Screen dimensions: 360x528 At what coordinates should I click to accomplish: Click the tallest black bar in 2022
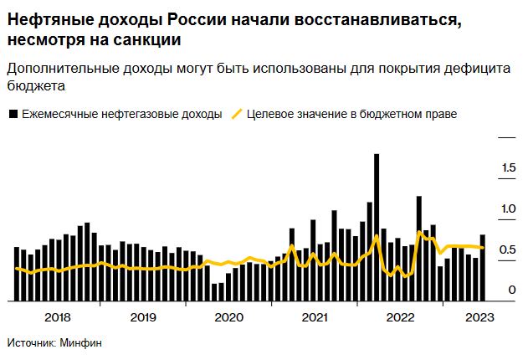tap(377, 226)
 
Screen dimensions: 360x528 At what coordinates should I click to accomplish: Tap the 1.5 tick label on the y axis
tap(508, 168)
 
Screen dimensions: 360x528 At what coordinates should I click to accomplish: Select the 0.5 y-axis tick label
tap(508, 249)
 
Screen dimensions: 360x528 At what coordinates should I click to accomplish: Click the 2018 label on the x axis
tap(57, 317)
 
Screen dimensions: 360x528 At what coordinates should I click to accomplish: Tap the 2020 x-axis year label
tap(228, 317)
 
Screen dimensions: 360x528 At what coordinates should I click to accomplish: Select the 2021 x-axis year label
tap(314, 317)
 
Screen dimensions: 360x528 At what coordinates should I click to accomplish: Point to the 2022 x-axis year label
tap(399, 317)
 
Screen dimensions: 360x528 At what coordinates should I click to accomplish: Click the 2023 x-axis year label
tap(478, 317)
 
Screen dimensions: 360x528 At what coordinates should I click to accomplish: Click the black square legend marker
tap(13, 114)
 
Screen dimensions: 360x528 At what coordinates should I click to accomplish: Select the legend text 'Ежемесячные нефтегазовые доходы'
tap(122, 114)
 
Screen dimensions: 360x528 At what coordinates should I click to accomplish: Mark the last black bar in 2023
tap(483, 268)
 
